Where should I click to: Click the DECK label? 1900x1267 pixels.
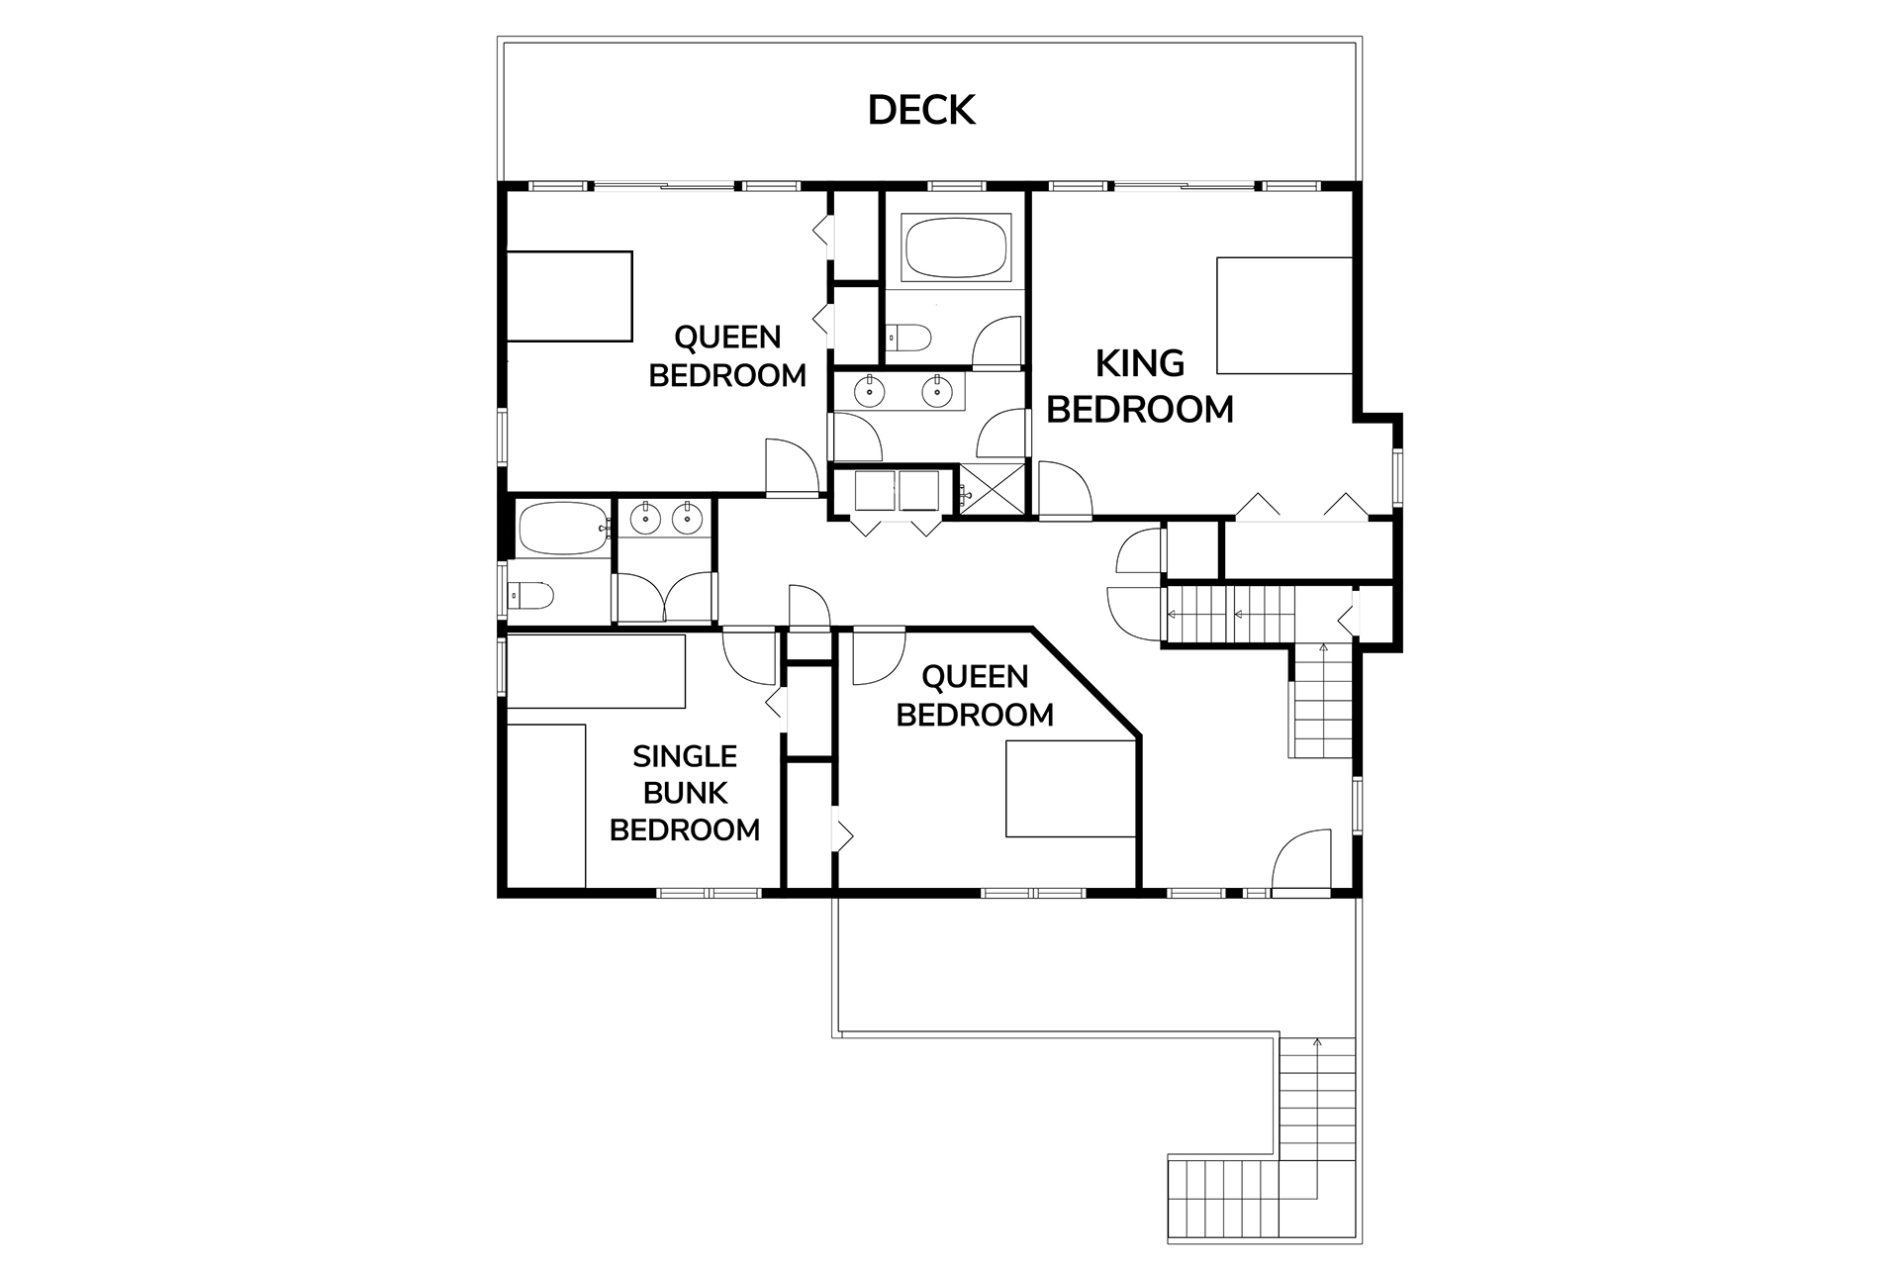921,110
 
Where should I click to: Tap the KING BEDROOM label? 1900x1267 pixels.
1140,386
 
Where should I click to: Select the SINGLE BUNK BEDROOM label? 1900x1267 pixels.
685,793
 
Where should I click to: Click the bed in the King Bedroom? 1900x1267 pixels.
1284,316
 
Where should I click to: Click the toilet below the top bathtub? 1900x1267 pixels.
908,339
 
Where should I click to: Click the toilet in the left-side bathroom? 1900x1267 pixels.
530,596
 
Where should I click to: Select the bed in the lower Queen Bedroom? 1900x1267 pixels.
1070,789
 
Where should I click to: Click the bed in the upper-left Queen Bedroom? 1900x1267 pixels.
569,297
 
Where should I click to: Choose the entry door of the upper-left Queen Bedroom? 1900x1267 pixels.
792,466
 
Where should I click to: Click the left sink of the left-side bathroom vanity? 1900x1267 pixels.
645,517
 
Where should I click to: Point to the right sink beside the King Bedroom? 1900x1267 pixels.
936,392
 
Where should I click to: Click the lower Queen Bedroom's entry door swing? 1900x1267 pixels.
879,656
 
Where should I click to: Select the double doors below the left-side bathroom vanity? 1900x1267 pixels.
664,598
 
